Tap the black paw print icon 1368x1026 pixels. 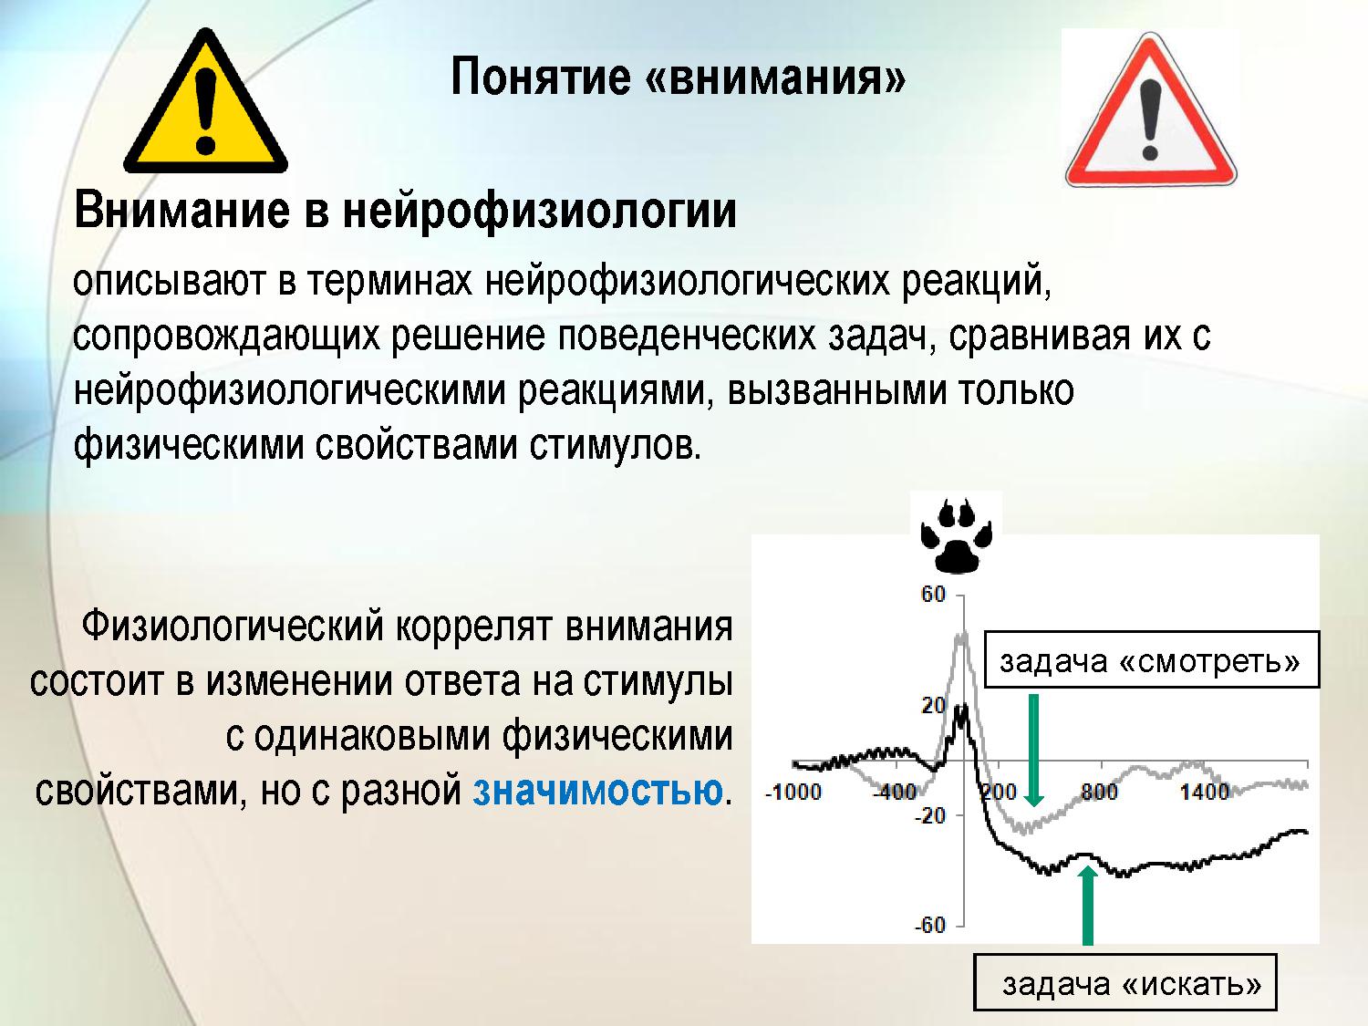[957, 534]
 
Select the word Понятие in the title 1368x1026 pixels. [540, 78]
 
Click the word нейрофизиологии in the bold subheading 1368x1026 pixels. [540, 212]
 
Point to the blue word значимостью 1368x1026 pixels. [597, 791]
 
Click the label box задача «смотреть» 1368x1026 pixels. [1152, 659]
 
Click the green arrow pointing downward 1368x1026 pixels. [1034, 750]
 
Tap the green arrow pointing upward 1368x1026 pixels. [1087, 905]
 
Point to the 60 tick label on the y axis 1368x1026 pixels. [933, 595]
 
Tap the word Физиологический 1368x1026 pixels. [232, 626]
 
